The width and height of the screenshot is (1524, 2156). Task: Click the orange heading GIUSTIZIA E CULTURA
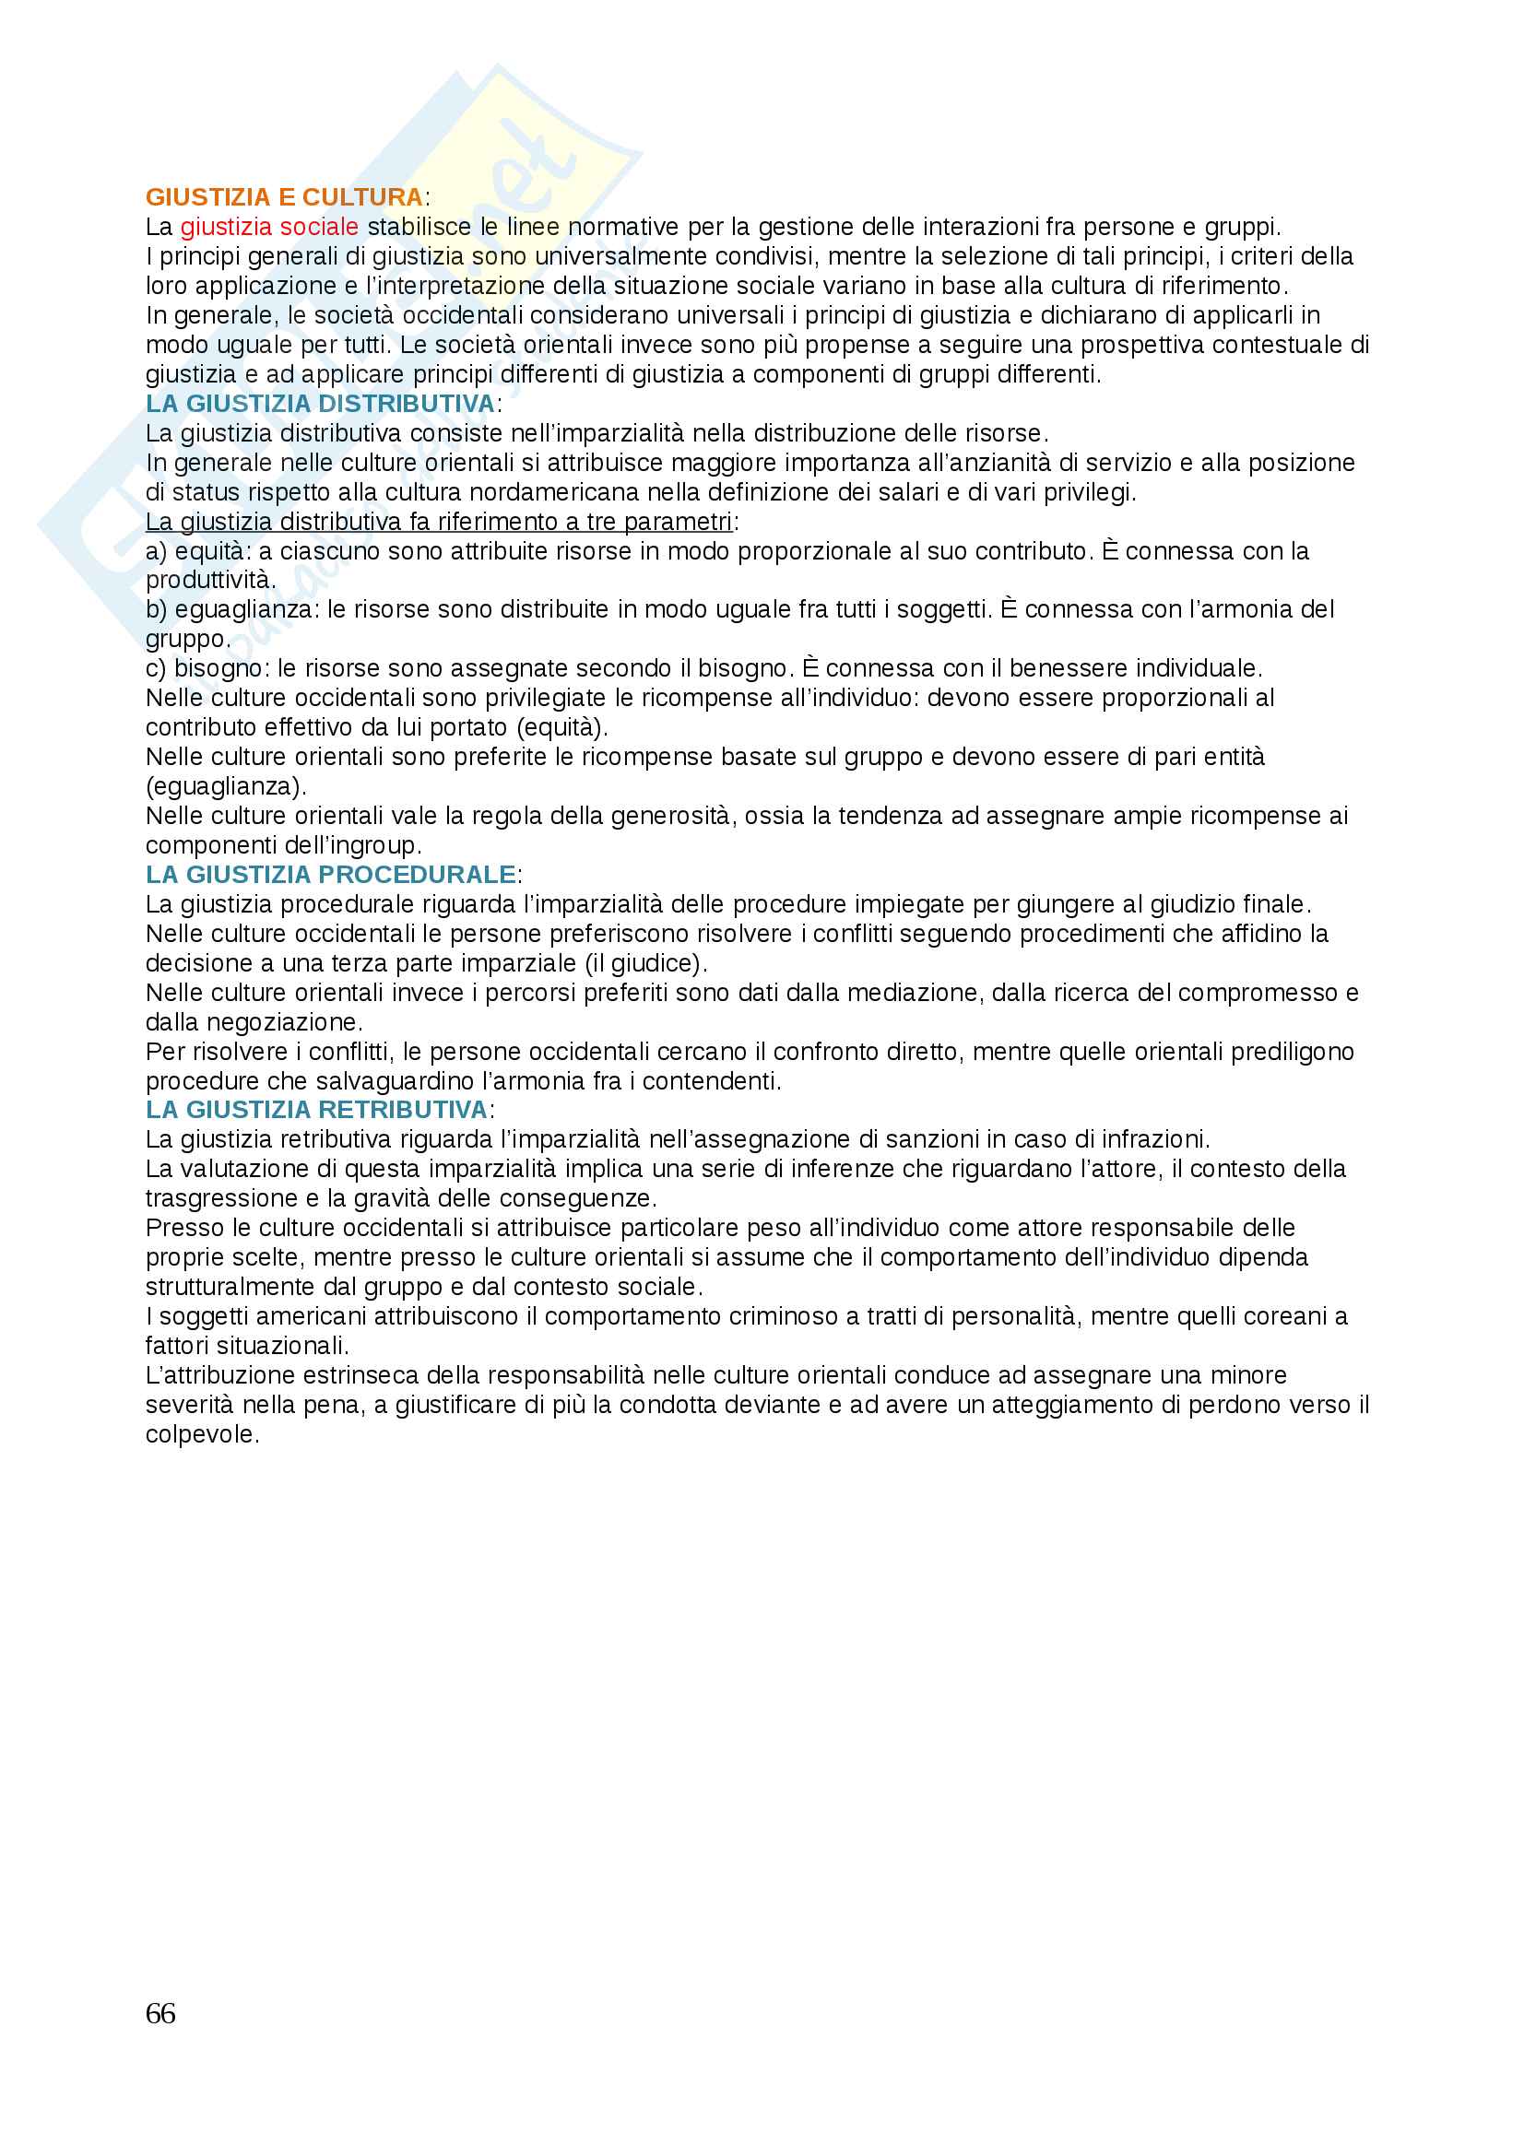tap(284, 197)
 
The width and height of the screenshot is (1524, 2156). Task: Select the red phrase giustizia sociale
tap(268, 228)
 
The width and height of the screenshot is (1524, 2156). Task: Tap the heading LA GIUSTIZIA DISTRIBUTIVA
tap(320, 404)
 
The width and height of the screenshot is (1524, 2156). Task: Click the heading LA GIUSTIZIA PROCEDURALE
tap(331, 875)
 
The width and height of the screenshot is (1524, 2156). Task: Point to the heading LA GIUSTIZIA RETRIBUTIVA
tap(316, 1110)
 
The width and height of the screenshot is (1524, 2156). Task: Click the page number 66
tap(160, 2013)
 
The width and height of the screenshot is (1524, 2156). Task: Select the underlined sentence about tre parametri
tap(439, 522)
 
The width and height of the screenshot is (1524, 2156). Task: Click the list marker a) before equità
tap(156, 551)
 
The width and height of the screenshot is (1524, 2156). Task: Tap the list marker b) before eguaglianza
tap(156, 610)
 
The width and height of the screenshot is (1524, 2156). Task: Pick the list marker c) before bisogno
tap(156, 668)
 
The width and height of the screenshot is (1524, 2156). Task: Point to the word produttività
tap(209, 581)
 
